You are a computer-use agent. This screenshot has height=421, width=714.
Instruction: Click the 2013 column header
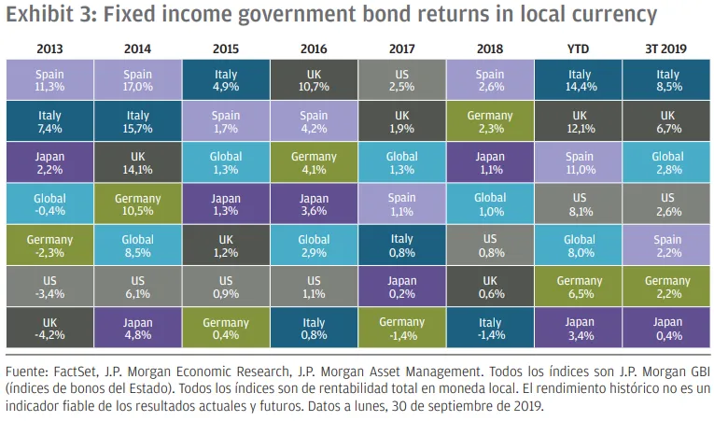pyautogui.click(x=49, y=48)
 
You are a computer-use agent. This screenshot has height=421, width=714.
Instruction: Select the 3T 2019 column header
pyautogui.click(x=666, y=48)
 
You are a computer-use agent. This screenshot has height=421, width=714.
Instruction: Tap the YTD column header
pyautogui.click(x=579, y=48)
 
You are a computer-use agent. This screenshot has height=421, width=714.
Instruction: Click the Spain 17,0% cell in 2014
pyautogui.click(x=138, y=79)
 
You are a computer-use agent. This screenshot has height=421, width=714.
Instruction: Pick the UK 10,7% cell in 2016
pyautogui.click(x=314, y=79)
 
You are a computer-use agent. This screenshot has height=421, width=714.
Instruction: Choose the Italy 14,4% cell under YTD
pyautogui.click(x=579, y=79)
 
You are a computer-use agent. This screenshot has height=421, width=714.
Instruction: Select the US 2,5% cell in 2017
pyautogui.click(x=401, y=79)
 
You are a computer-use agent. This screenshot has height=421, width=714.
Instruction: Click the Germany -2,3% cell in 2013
pyautogui.click(x=49, y=246)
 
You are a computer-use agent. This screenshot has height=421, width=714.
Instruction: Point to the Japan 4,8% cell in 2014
pyautogui.click(x=138, y=330)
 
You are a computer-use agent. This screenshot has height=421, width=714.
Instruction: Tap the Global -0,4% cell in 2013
pyautogui.click(x=49, y=204)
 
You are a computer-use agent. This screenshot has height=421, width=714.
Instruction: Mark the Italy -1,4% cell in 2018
pyautogui.click(x=490, y=330)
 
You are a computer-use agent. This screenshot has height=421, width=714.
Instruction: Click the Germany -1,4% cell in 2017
pyautogui.click(x=401, y=330)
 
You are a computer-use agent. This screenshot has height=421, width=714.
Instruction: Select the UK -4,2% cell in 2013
pyautogui.click(x=49, y=330)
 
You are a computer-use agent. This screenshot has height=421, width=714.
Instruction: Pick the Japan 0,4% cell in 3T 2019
pyautogui.click(x=666, y=330)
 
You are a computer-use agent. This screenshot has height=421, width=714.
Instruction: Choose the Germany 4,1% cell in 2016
pyautogui.click(x=314, y=163)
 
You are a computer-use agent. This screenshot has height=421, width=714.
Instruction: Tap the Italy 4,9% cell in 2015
pyautogui.click(x=226, y=79)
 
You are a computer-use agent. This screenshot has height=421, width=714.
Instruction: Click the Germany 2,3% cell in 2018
pyautogui.click(x=490, y=121)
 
